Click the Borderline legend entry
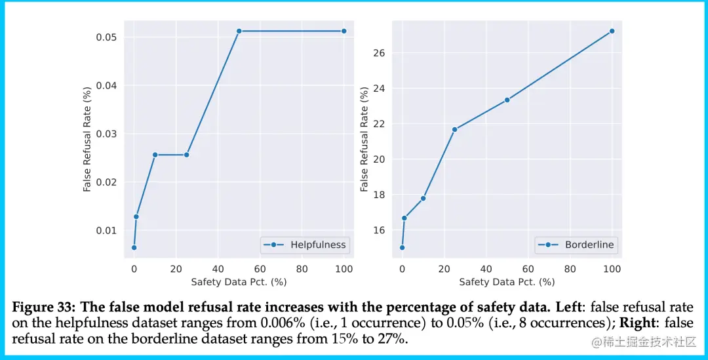[x=589, y=245]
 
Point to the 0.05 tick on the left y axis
[x=107, y=37]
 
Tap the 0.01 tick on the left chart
[x=107, y=230]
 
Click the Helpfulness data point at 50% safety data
[x=239, y=31]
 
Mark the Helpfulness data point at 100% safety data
[x=344, y=31]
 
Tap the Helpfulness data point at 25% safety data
[x=187, y=155]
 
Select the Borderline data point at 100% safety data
[x=612, y=31]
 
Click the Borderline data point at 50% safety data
[x=507, y=100]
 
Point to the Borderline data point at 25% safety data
[x=454, y=129]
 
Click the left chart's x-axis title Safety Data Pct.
[x=239, y=282]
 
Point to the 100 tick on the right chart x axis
[x=612, y=269]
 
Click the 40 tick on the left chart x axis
[x=218, y=269]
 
